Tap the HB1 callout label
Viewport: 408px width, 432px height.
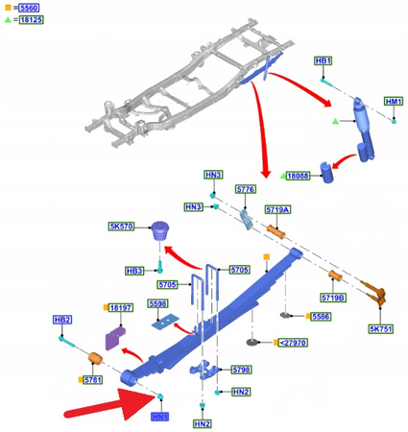click(x=324, y=60)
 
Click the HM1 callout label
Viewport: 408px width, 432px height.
click(x=394, y=101)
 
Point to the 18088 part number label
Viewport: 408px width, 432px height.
click(x=299, y=176)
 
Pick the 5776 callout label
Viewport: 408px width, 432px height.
click(x=245, y=190)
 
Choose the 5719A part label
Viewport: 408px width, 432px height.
click(x=278, y=208)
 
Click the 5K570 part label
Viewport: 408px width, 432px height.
click(x=120, y=227)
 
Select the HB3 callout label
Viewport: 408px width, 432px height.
click(x=135, y=271)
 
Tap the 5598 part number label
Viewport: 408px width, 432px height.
click(x=158, y=304)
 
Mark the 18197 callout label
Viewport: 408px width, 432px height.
click(x=120, y=307)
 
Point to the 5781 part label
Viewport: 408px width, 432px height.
click(x=93, y=380)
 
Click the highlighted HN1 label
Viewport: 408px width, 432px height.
click(x=159, y=417)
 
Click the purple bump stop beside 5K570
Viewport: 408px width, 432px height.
click(x=161, y=232)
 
